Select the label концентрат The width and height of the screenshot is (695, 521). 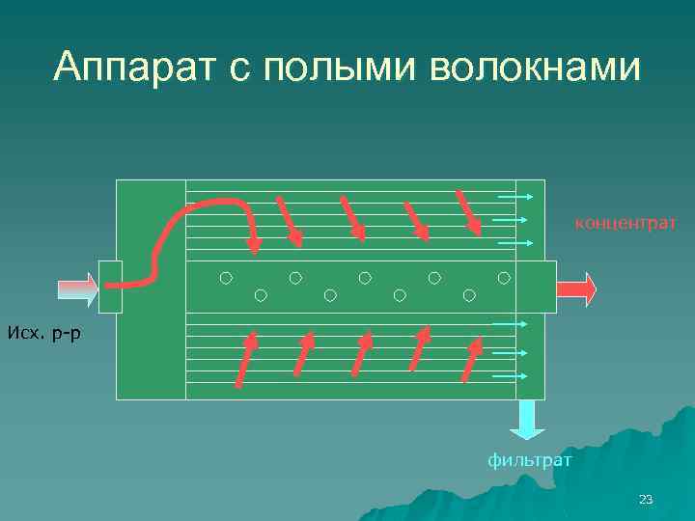click(x=625, y=224)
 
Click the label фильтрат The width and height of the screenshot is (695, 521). click(x=529, y=461)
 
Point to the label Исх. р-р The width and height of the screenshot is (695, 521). click(x=44, y=333)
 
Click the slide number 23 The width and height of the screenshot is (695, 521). click(x=646, y=499)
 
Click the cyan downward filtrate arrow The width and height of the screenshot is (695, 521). click(x=527, y=420)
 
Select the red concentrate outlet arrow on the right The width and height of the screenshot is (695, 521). click(x=576, y=288)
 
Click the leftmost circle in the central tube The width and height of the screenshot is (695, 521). click(x=225, y=278)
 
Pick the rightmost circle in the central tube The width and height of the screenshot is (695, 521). click(x=504, y=278)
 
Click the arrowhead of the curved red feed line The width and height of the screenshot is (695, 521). click(x=255, y=244)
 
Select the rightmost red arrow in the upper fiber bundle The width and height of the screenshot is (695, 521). click(x=468, y=212)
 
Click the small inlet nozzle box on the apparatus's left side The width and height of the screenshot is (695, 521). click(x=111, y=287)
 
